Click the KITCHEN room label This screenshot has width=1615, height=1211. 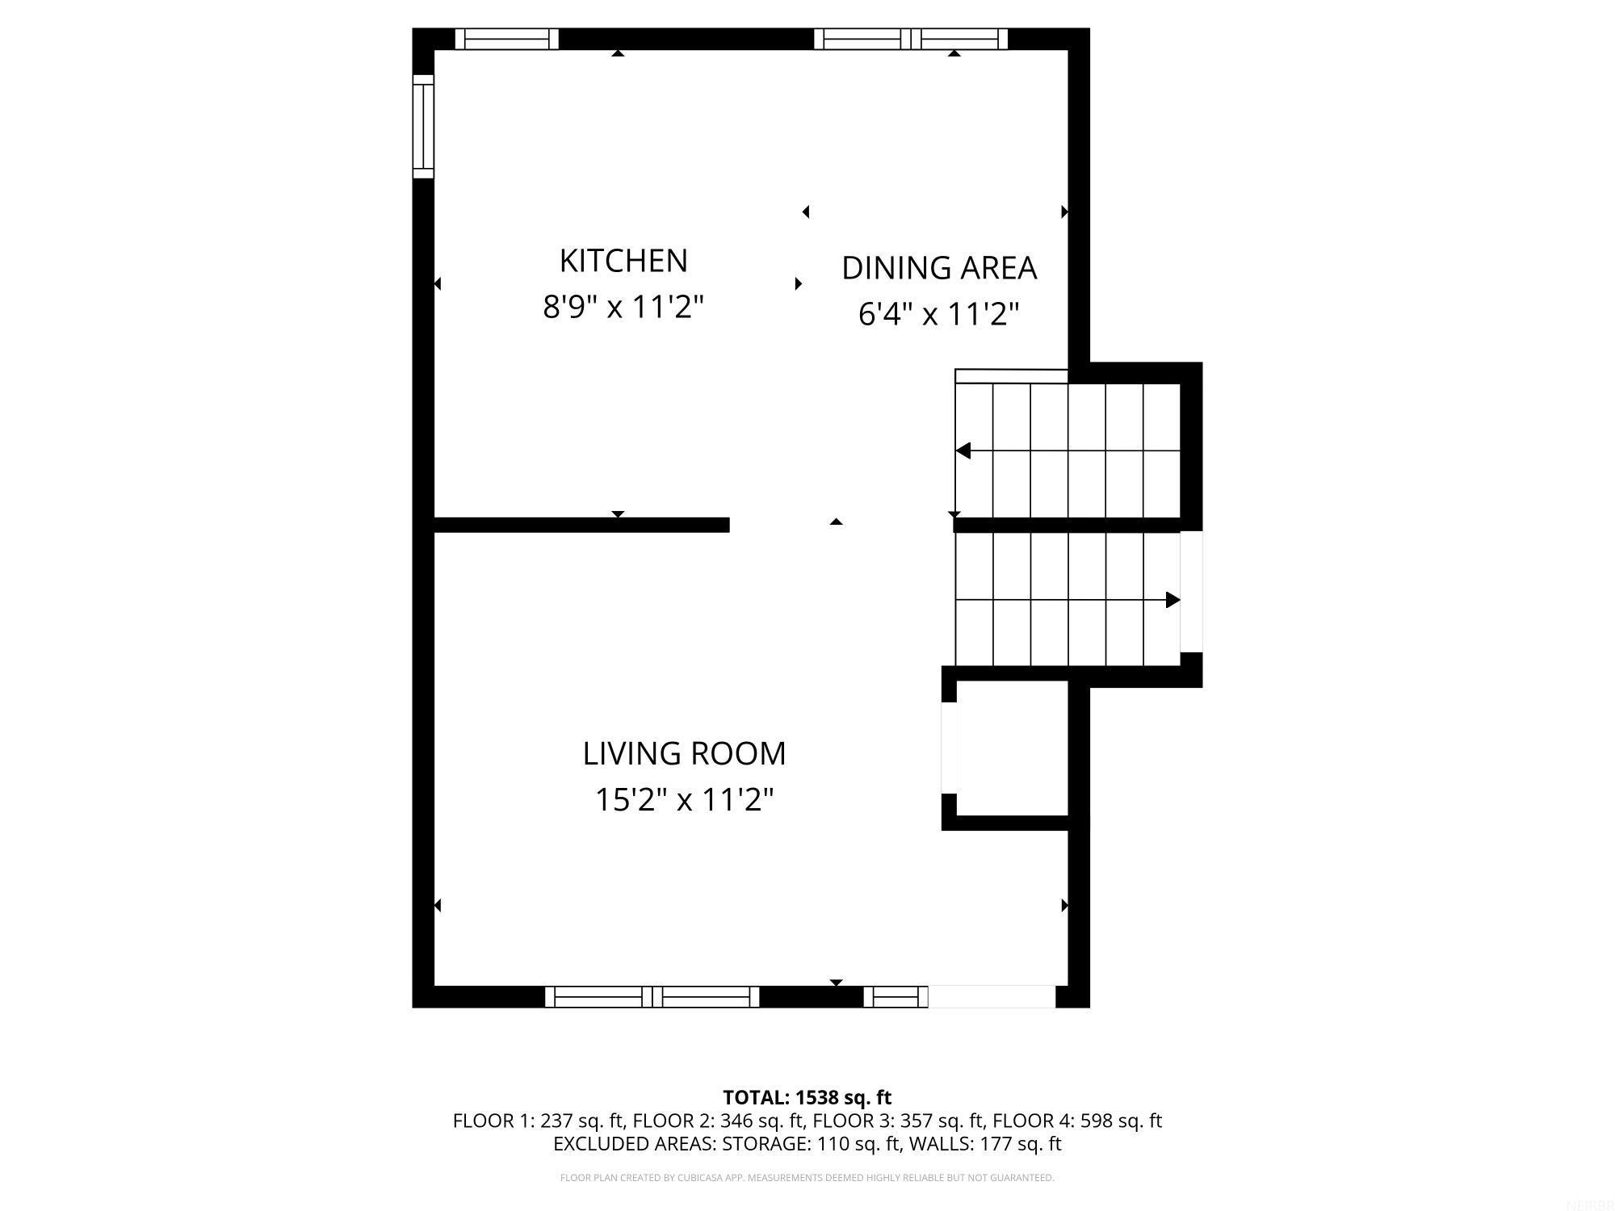click(x=623, y=261)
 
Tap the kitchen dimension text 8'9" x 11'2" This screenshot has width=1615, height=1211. click(x=623, y=307)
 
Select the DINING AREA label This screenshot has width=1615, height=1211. click(x=938, y=268)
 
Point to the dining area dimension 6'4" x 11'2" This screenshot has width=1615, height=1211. click(x=938, y=313)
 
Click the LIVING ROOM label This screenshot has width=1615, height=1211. click(x=684, y=753)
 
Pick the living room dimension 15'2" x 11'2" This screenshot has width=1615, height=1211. click(x=684, y=800)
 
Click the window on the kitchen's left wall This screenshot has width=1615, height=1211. click(x=423, y=126)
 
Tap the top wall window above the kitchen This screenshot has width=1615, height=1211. click(x=506, y=39)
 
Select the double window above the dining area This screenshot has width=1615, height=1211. click(x=911, y=39)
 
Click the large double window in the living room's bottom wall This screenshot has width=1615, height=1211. click(x=652, y=997)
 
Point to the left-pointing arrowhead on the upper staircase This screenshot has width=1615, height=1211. click(x=963, y=450)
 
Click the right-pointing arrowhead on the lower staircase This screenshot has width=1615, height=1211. click(x=1172, y=600)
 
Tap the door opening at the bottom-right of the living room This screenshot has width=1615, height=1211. click(x=992, y=997)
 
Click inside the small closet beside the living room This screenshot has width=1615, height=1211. click(x=1012, y=748)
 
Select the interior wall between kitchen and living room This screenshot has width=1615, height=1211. click(x=581, y=525)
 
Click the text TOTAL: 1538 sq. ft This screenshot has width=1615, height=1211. click(x=807, y=1097)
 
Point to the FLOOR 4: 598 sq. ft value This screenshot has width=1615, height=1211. click(x=1076, y=1121)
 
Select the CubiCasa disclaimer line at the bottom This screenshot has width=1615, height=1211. click(x=807, y=1178)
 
